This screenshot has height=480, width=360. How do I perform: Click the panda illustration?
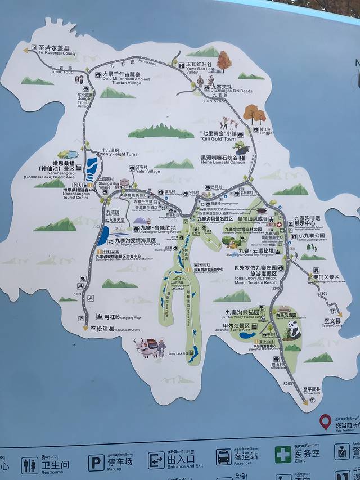click(x=294, y=330)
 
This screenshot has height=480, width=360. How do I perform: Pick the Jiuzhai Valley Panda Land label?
click(x=242, y=315)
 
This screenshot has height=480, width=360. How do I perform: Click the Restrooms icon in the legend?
click(x=30, y=465)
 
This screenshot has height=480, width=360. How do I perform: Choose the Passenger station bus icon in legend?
click(x=223, y=456)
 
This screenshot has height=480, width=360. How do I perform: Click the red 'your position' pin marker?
click(x=325, y=421)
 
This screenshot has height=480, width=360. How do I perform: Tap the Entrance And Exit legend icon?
click(x=156, y=460)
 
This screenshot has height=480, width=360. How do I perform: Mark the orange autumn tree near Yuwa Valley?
click(x=224, y=61)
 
